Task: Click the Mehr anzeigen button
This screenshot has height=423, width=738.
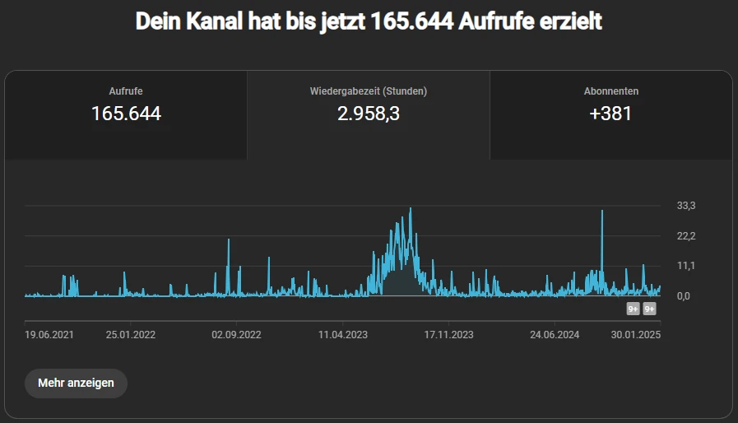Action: pyautogui.click(x=76, y=383)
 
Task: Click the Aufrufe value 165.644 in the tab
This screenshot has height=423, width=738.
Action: pyautogui.click(x=126, y=114)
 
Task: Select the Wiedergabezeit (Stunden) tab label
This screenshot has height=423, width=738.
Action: pyautogui.click(x=368, y=91)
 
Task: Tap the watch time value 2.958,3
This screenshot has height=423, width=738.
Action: pyautogui.click(x=368, y=114)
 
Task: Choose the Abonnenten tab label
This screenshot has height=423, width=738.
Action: pyautogui.click(x=610, y=91)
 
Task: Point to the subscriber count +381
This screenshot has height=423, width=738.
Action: pyautogui.click(x=610, y=114)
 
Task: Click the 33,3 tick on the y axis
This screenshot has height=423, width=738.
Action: pyautogui.click(x=686, y=206)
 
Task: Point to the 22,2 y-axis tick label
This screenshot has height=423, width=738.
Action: pyautogui.click(x=686, y=236)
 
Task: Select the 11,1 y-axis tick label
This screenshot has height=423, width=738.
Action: pyautogui.click(x=686, y=266)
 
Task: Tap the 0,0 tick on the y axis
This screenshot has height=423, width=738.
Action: pyautogui.click(x=683, y=296)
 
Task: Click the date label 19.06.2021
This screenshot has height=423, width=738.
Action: pyautogui.click(x=49, y=335)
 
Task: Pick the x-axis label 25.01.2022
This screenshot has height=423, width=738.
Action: pyautogui.click(x=131, y=335)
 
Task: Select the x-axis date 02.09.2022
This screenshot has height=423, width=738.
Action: pyautogui.click(x=236, y=335)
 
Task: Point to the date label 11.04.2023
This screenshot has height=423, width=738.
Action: pyautogui.click(x=343, y=335)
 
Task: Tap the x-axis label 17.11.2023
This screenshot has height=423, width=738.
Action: pyautogui.click(x=448, y=335)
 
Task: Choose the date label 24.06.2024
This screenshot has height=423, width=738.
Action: pyautogui.click(x=555, y=335)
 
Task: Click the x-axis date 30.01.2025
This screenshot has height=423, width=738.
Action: pyautogui.click(x=636, y=335)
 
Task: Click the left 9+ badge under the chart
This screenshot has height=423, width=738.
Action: pyautogui.click(x=633, y=309)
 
